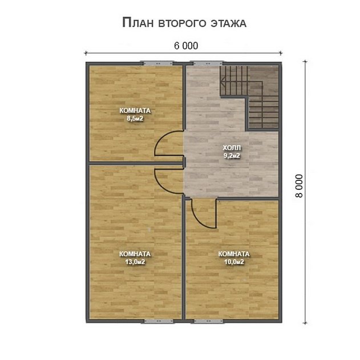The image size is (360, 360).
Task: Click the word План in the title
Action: click(137, 23)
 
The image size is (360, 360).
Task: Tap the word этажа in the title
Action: click(228, 23)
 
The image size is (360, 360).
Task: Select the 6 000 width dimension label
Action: click(186, 46)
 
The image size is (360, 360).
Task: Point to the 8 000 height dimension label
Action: click(299, 186)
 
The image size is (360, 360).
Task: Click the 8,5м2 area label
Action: click(135, 119)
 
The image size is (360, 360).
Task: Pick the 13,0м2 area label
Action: click(135, 262)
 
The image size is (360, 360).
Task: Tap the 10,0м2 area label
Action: click(234, 262)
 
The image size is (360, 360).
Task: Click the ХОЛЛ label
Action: click(232, 148)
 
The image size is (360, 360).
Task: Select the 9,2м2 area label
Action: click(232, 156)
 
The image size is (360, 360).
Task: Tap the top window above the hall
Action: click(208, 63)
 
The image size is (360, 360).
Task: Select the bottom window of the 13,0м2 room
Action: click(158, 321)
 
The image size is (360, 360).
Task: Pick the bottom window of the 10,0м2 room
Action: click(208, 321)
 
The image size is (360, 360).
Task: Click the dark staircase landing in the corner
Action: click(264, 81)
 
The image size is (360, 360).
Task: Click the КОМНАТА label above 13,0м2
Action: click(135, 254)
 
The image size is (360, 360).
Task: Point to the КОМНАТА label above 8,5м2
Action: click(135, 111)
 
